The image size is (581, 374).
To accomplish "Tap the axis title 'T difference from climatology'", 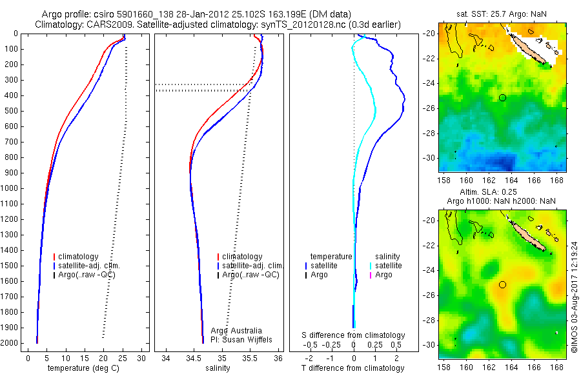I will (x=353, y=368).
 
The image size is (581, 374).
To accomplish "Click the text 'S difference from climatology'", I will (x=353, y=335).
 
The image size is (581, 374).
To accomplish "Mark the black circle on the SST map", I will (x=502, y=97).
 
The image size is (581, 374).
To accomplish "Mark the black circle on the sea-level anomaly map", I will (x=502, y=284).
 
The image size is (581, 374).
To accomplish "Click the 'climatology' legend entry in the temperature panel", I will (x=78, y=257).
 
